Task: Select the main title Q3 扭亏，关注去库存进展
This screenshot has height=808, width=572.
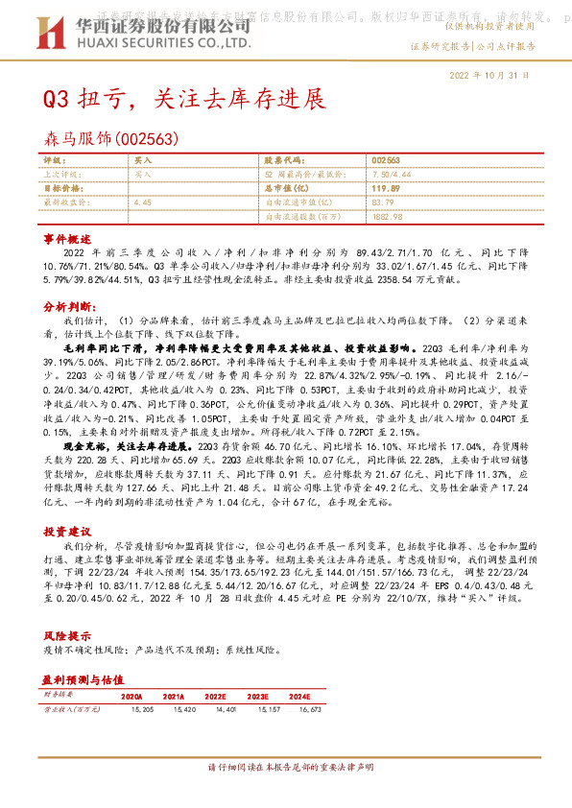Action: (183, 99)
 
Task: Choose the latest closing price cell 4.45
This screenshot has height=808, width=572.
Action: (143, 202)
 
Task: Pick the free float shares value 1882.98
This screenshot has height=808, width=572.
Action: (388, 217)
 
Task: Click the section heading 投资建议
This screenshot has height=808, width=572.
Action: (66, 530)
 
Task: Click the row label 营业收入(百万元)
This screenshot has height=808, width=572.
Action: (71, 711)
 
